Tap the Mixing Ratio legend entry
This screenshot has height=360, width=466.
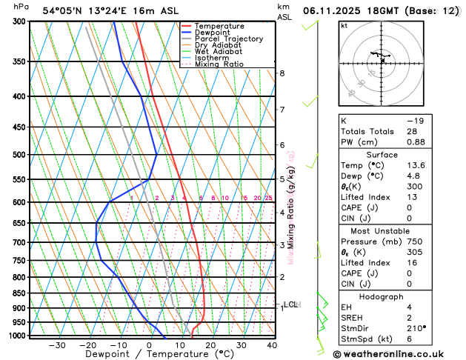coord(219,64)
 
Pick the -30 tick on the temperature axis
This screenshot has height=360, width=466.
coord(56,345)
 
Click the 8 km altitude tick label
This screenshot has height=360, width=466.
coord(282,73)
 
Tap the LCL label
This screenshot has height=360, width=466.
coord(291,304)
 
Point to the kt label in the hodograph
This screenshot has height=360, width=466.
coord(344,26)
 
